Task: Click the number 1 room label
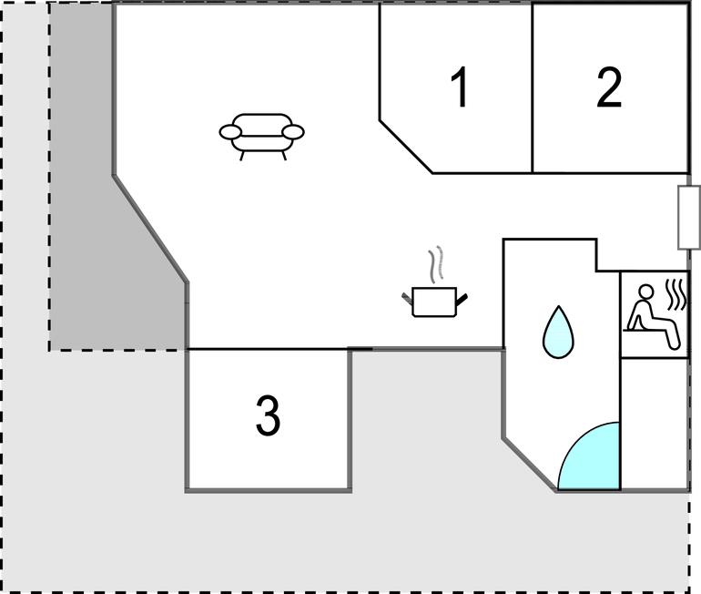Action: (460, 87)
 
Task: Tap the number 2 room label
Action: (609, 87)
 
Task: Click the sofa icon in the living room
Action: (261, 137)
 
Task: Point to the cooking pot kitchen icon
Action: (434, 302)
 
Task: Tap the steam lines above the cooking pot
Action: (436, 264)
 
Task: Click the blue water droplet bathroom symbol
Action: (558, 332)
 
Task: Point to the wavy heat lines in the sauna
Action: (676, 294)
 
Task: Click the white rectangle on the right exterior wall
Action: (689, 218)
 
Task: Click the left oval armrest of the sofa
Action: (230, 132)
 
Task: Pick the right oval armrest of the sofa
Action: (293, 132)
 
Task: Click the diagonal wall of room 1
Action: (406, 147)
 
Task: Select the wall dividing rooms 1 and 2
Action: (533, 88)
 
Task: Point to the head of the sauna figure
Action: (645, 292)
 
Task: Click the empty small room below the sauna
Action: (654, 424)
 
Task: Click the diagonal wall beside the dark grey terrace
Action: (150, 229)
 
